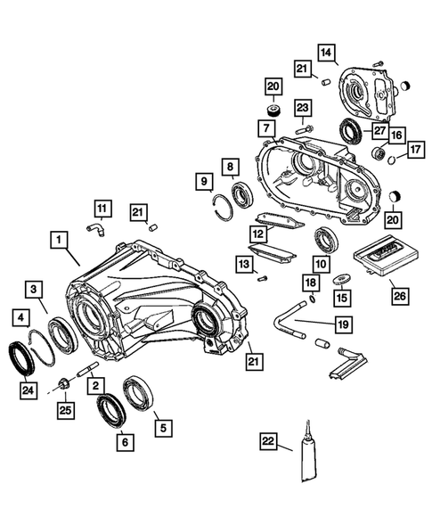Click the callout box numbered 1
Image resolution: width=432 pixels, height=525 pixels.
[58, 240]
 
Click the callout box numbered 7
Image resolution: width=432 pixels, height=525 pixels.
[266, 127]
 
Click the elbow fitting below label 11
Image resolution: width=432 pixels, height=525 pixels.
[95, 230]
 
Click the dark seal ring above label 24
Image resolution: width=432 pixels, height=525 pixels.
[20, 355]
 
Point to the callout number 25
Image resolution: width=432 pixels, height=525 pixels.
[65, 409]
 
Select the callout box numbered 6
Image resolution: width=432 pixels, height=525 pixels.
[124, 439]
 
